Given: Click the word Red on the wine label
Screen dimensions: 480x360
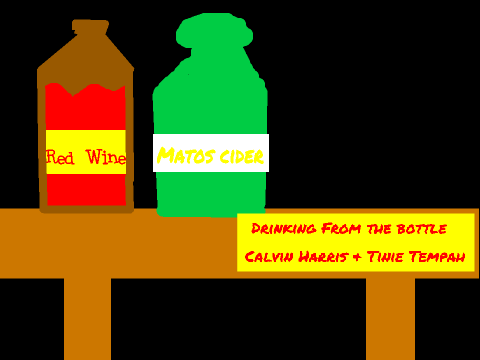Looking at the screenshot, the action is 60,157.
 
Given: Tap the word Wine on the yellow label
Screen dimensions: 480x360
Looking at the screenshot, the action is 106,157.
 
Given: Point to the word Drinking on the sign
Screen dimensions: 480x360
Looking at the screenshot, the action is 284,229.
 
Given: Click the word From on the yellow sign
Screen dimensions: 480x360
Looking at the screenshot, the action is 341,229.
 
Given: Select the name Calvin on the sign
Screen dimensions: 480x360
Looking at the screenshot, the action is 269,257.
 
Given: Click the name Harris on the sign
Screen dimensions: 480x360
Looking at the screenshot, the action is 323,257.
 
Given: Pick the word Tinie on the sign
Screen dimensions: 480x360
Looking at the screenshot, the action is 385,257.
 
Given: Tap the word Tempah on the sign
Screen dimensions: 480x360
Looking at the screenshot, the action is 437,257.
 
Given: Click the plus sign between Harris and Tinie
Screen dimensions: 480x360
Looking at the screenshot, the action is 357,257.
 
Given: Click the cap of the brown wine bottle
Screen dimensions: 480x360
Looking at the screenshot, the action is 91,27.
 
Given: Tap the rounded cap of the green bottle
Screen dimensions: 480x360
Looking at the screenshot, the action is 214,31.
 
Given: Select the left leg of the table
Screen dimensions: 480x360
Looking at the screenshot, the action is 87,319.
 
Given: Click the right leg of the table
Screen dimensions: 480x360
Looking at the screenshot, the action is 390,319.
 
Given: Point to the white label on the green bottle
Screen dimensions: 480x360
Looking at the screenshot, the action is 211,153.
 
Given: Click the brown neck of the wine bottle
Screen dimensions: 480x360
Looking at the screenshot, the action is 86,58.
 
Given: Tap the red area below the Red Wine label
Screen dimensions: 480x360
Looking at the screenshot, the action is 86,189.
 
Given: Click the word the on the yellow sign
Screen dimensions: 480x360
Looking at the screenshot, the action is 379,229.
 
